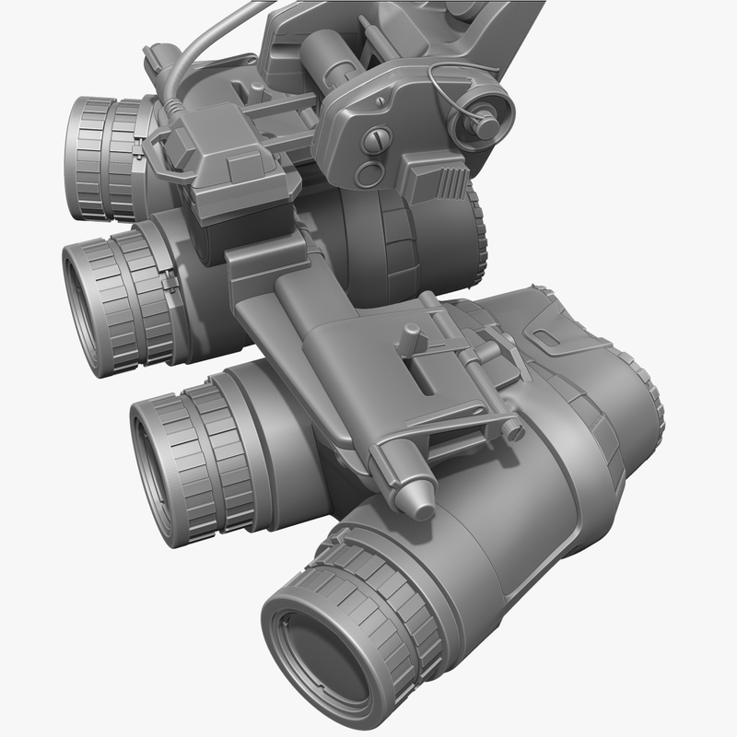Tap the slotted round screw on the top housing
[x=378, y=140]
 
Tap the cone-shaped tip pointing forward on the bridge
[x=419, y=498]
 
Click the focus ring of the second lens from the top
[x=129, y=295]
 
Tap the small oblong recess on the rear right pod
[x=550, y=339]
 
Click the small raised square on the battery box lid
[x=243, y=169]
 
